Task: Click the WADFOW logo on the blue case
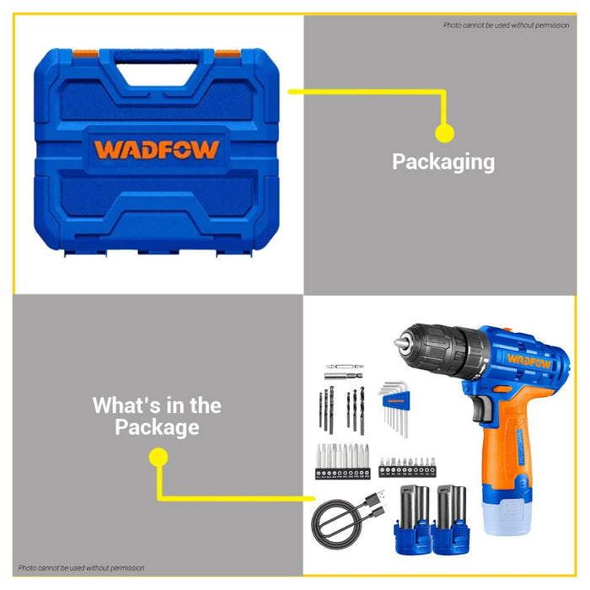coord(156,150)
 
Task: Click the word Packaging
coord(443,162)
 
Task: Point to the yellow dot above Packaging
coord(444,133)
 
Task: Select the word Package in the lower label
coord(158,427)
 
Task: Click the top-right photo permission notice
coord(506,25)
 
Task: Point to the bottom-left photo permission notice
coord(82,568)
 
